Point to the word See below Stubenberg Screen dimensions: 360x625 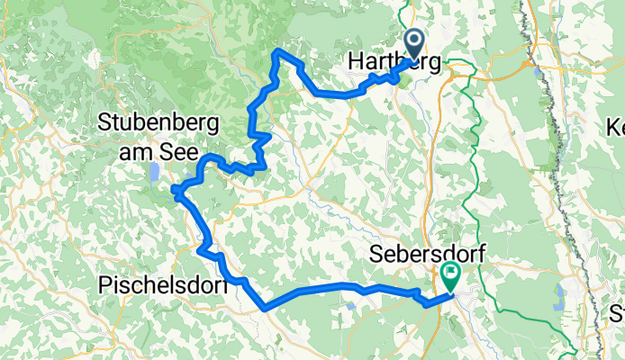(x=187, y=148)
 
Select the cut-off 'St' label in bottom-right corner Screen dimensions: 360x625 (x=617, y=314)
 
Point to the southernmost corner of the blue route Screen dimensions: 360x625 (x=266, y=309)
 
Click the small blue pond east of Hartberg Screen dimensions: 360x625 (x=538, y=70)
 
